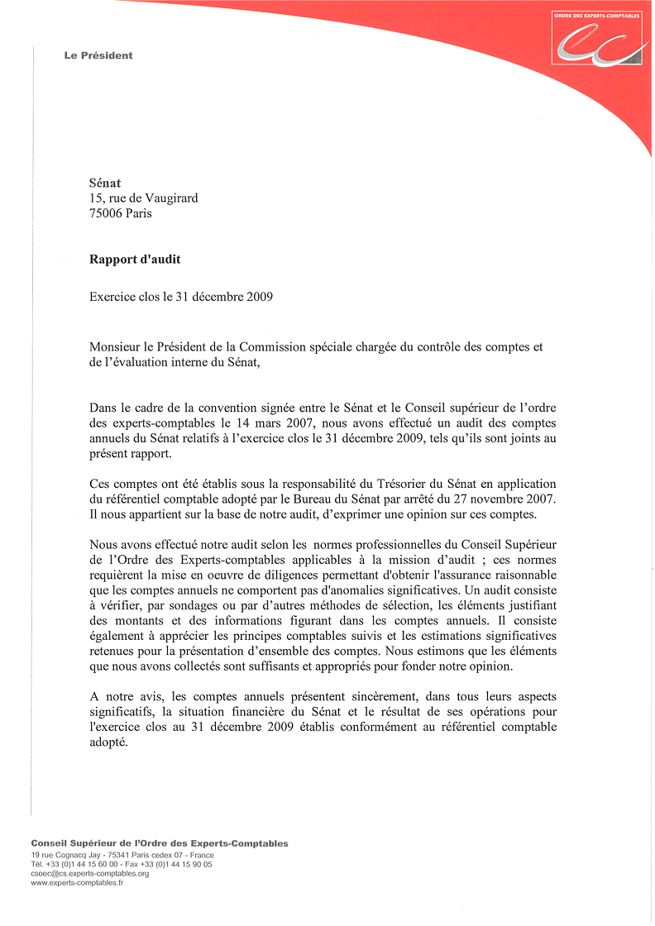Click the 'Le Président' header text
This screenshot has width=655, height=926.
point(98,55)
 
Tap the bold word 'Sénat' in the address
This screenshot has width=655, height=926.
point(105,183)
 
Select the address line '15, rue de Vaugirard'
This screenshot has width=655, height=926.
point(143,198)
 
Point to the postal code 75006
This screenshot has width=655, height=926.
point(106,213)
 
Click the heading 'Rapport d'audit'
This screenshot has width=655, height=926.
point(135,260)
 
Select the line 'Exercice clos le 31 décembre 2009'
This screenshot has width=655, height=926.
point(181,297)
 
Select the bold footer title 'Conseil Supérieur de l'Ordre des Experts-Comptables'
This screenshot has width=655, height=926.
point(160,843)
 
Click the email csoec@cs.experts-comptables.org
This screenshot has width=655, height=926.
point(90,873)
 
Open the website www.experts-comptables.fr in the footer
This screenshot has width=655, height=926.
point(77,883)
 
